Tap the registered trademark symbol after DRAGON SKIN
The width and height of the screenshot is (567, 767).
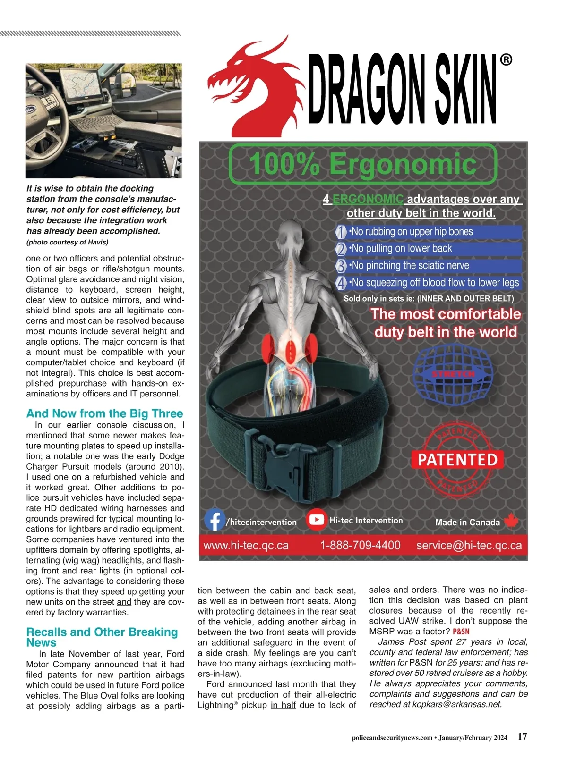click(506, 60)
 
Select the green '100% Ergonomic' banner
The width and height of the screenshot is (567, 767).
click(362, 164)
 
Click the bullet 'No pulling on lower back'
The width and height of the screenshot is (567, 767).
click(401, 248)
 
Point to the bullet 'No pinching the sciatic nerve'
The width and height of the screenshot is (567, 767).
click(409, 265)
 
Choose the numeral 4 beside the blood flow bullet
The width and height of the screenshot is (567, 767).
click(341, 283)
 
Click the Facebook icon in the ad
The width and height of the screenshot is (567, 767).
click(215, 520)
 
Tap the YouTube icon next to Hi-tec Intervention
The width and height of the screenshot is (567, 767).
click(316, 520)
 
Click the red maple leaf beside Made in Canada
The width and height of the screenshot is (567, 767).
click(511, 521)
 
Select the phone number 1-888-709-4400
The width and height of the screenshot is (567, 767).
click(360, 546)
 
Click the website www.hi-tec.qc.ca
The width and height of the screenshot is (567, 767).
click(246, 546)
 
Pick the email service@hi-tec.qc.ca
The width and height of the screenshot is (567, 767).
click(469, 546)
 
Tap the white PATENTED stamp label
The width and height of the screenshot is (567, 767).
click(457, 460)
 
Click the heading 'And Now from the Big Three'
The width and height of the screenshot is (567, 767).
click(104, 413)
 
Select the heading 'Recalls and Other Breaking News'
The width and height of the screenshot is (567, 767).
click(102, 637)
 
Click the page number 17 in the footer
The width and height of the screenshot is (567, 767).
click(522, 737)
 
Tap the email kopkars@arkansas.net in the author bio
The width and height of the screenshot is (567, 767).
click(456, 704)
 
